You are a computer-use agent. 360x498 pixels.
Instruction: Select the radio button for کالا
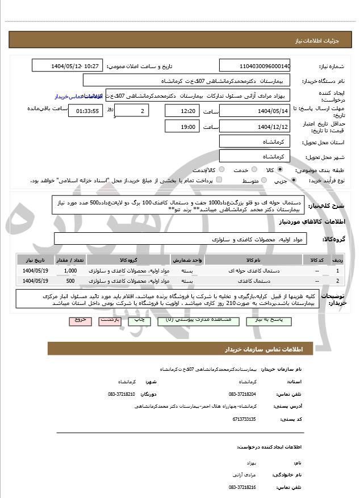(280, 170)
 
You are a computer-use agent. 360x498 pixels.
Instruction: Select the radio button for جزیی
(294, 181)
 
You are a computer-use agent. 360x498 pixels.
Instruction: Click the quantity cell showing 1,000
(70, 271)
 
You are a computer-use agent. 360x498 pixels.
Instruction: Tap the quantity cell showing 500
(70, 281)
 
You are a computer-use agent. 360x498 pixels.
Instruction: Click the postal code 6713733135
(244, 419)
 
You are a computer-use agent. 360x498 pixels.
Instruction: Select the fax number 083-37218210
(122, 394)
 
